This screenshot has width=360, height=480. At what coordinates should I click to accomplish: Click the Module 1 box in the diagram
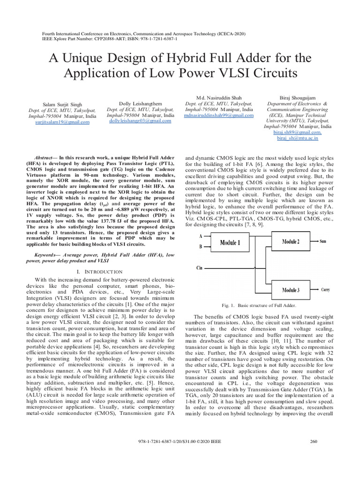tap(230, 242)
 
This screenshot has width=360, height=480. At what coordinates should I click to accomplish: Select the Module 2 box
tap(290, 241)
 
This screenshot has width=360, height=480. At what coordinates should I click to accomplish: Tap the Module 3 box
tap(290, 289)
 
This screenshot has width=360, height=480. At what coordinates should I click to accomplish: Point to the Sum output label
tap(323, 241)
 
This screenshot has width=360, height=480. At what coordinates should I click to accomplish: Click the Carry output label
tap(325, 290)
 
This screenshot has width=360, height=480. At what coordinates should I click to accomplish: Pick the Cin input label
tap(199, 269)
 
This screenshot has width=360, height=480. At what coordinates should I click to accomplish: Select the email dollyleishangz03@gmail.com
tap(140, 120)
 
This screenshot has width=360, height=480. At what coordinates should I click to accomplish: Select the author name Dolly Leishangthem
tap(141, 103)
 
